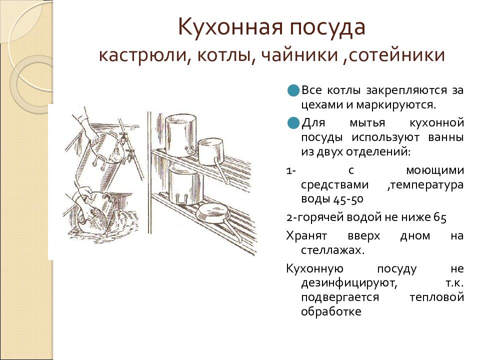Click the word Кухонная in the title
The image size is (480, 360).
(x=230, y=27)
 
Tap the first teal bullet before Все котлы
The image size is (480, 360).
(x=293, y=90)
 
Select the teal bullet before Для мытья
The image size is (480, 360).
(x=293, y=123)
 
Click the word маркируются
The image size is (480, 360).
(x=396, y=105)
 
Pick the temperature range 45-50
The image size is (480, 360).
(x=348, y=199)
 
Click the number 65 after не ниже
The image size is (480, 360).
(x=440, y=217)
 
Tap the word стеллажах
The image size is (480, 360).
(x=333, y=250)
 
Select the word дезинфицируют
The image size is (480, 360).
(x=349, y=283)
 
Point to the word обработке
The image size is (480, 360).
(x=331, y=311)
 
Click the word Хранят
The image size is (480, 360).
(x=306, y=236)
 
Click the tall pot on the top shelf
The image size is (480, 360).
(x=180, y=135)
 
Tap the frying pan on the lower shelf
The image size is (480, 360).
(x=215, y=214)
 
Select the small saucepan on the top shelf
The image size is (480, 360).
(x=211, y=152)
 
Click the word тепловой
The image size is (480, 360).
(x=437, y=297)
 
